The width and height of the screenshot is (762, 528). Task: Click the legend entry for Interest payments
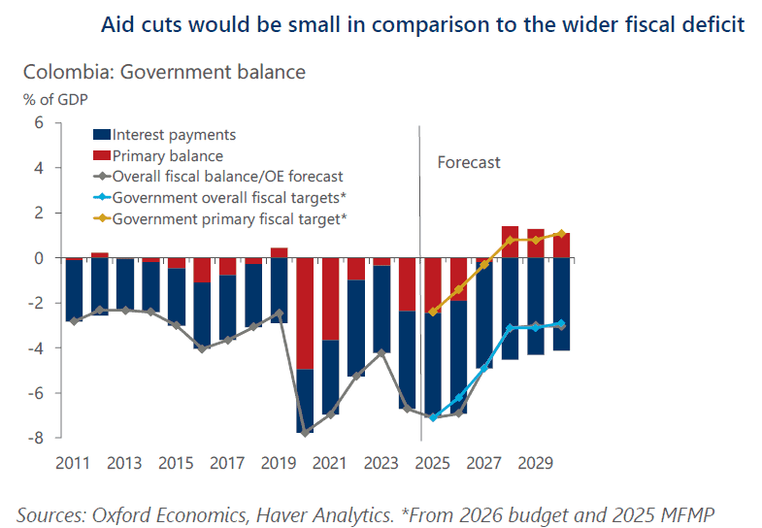174,135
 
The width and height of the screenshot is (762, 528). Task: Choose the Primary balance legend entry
167,155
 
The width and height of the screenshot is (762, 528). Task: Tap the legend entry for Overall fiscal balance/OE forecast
227,177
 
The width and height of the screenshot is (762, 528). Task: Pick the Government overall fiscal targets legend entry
229,198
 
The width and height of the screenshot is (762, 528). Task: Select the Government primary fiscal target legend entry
229,219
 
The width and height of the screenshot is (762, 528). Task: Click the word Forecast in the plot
469,162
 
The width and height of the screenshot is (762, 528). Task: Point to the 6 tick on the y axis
40,123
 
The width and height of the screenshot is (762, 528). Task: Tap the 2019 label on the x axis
279,463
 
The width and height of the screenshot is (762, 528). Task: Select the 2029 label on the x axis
535,463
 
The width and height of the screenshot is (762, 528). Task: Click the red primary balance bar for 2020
305,313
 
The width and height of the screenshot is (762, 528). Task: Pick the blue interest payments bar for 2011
73,289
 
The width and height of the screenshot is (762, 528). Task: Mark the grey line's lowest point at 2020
305,433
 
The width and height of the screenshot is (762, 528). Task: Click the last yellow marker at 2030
561,233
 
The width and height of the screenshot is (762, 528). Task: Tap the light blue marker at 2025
433,418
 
